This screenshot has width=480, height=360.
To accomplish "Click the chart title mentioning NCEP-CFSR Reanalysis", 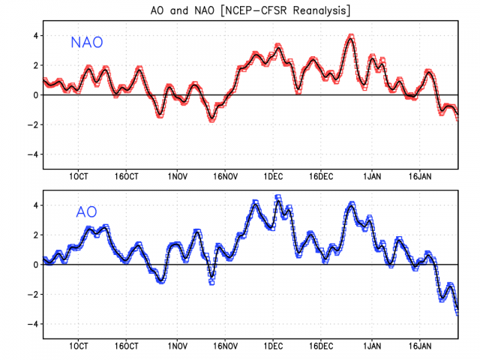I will coord(240,10).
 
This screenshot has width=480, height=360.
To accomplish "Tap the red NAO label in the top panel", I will coord(87,43).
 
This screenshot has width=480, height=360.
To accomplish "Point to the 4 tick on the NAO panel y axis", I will coord(34,35).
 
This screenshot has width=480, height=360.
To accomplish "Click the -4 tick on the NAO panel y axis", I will coord(32,154).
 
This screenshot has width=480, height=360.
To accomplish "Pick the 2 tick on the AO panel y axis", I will coord(34,235).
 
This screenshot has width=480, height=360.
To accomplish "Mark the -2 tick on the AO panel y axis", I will coord(32,295).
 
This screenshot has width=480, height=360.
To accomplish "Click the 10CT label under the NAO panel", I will coord(80,177).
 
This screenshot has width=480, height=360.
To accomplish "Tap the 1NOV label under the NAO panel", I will coord(177,177).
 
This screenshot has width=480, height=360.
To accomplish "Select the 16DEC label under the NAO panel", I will coord(321,177).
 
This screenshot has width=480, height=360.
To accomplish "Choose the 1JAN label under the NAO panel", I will coord(370,177).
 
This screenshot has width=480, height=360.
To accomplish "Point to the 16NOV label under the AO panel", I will coord(225,346).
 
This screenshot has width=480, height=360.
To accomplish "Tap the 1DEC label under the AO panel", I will coord(273,346).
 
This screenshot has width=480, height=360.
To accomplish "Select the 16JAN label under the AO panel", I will coord(419,346).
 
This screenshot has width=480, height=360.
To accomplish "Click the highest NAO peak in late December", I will coord(351,36).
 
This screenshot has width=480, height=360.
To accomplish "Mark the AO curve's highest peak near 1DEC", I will coord(278,197).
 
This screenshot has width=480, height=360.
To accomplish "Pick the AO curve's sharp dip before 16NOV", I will coord(211,282).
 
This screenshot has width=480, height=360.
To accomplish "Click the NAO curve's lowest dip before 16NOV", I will coord(212,118).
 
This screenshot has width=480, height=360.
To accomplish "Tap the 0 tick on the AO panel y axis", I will coord(34,265).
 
